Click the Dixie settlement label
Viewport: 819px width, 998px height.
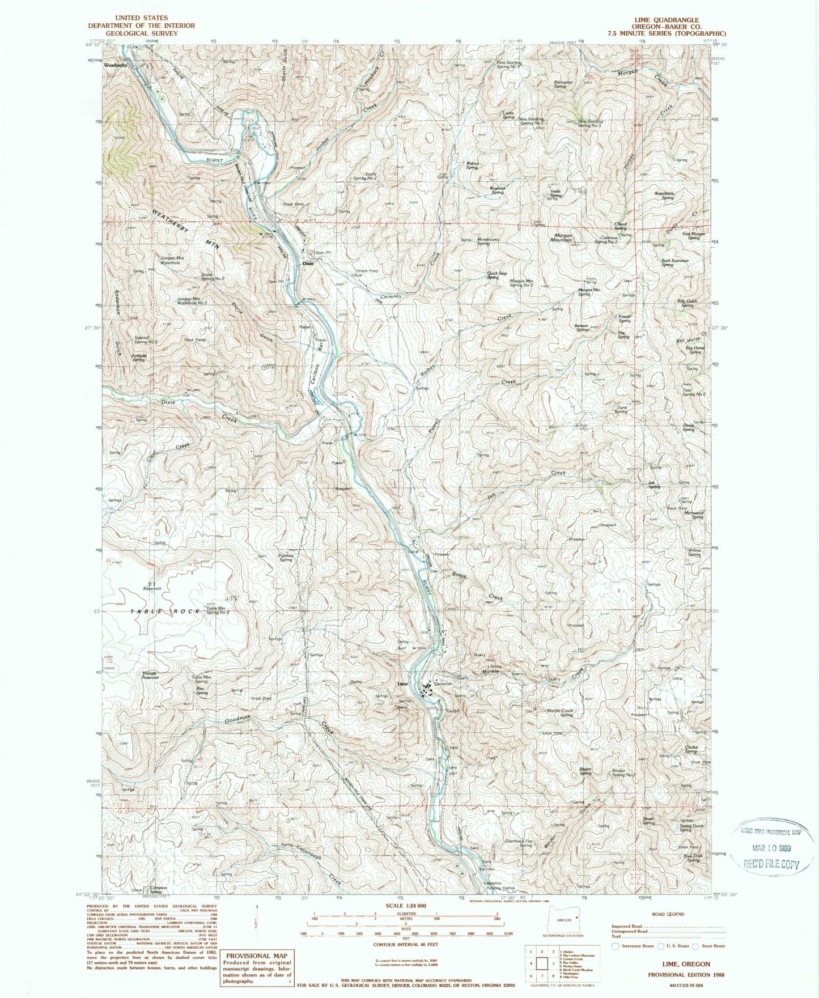tap(308, 263)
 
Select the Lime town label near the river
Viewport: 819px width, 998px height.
tap(403, 683)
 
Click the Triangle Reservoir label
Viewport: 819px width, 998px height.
tap(150, 676)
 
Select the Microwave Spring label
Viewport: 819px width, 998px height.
tap(694, 515)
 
